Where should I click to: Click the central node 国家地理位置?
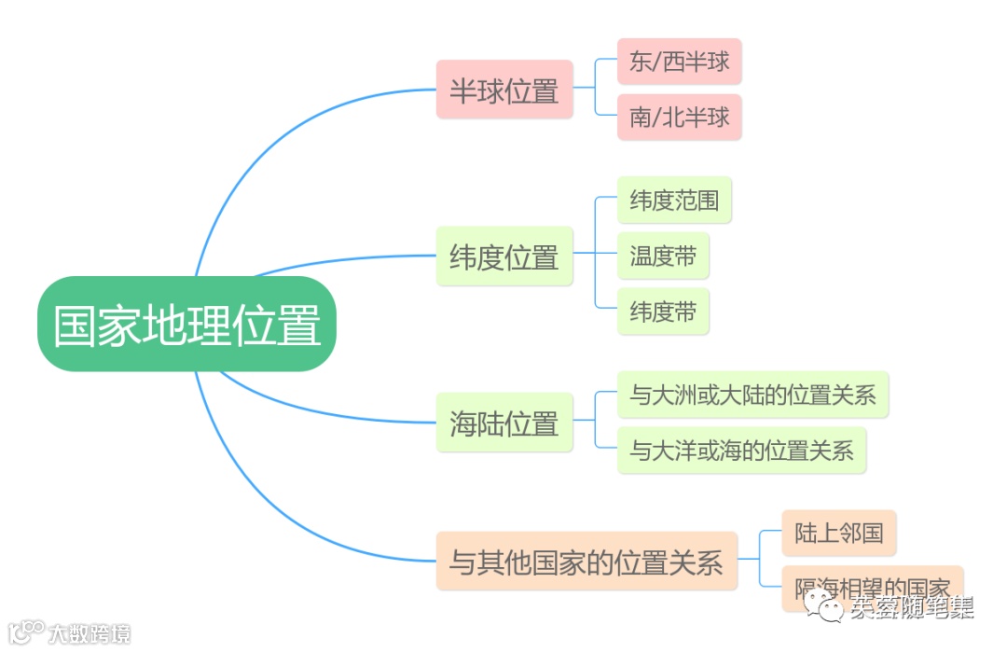(186, 325)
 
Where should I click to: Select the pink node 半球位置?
(504, 90)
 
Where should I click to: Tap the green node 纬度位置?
(504, 257)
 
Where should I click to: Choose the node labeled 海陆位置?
(504, 423)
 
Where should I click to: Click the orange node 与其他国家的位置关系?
(586, 562)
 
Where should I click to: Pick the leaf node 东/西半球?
(679, 62)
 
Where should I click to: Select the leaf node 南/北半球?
(679, 118)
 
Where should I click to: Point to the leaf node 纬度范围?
(674, 200)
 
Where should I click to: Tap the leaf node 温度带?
(663, 256)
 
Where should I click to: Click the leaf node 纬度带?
(663, 312)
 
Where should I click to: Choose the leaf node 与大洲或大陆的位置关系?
(752, 395)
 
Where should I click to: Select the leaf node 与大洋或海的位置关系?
(741, 451)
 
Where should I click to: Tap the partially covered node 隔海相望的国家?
(872, 586)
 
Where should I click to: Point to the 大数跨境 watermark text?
(89, 633)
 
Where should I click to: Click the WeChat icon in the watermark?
(828, 607)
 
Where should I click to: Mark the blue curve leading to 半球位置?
(270, 140)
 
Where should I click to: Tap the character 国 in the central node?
(75, 325)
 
